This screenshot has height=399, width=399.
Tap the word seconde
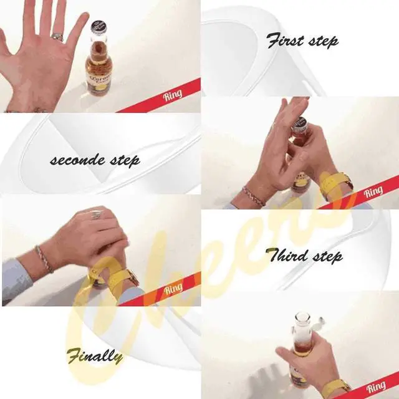point(77,160)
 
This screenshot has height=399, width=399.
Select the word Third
point(286,255)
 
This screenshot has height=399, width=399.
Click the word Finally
point(95,356)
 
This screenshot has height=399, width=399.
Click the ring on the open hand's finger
point(57,37)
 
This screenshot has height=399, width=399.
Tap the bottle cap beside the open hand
point(99,27)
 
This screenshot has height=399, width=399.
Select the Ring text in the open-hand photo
point(173,95)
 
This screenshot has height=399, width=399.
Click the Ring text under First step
point(373,191)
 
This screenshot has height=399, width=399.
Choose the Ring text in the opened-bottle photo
point(376,387)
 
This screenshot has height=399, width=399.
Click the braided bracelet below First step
point(253,196)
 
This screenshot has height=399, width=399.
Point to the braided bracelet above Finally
point(44,259)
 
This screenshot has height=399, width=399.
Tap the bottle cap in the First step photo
point(301,123)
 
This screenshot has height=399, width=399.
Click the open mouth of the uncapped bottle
point(302,317)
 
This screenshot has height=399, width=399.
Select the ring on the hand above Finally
point(97,215)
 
